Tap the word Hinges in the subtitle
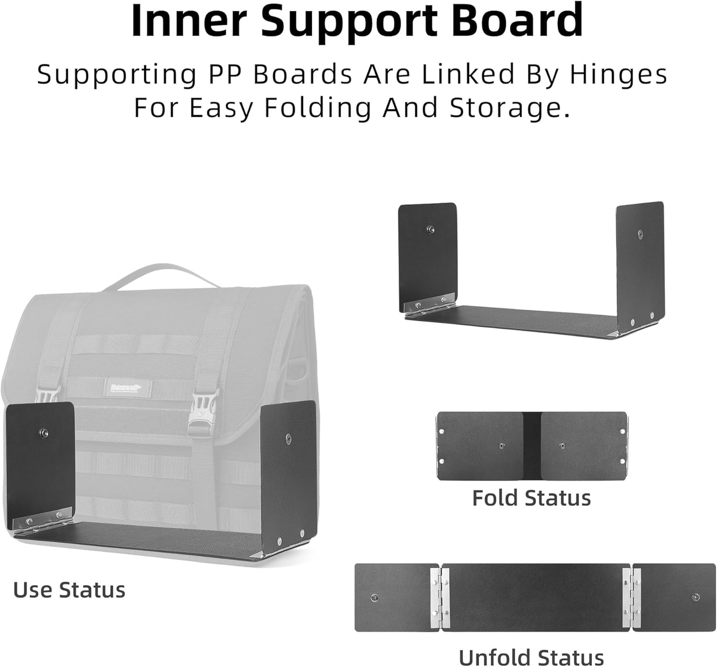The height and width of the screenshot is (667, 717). click(618, 74)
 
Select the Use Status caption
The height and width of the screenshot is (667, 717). click(69, 590)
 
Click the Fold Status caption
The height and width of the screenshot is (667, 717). click(531, 498)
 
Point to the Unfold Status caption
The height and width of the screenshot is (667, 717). click(531, 657)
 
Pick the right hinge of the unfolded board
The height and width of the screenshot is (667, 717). click(632, 597)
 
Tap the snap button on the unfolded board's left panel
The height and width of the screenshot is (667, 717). click(374, 597)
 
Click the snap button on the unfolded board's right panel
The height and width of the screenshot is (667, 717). click(696, 597)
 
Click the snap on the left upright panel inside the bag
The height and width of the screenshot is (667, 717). click(44, 432)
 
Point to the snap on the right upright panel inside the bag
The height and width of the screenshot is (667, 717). click(288, 438)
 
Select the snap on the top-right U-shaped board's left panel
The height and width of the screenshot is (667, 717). click(431, 229)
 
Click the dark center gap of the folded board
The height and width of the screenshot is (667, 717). click(532, 445)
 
